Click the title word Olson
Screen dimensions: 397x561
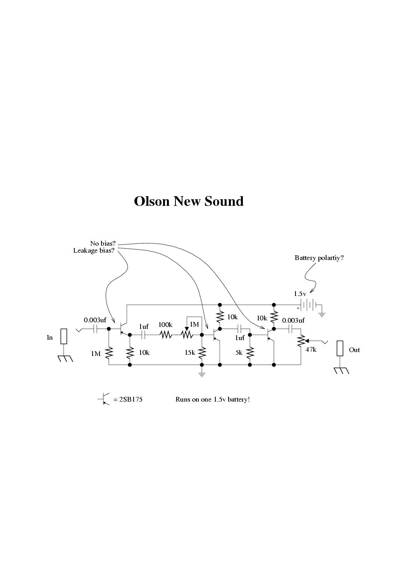(152, 201)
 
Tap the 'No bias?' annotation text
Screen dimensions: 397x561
(103, 243)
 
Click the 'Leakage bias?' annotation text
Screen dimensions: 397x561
(94, 251)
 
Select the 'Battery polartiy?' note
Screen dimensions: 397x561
(319, 258)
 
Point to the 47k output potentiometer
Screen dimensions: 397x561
(301, 341)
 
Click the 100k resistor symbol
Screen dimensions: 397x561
(165, 335)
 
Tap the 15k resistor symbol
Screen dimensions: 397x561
(202, 353)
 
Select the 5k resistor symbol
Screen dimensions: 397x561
(250, 353)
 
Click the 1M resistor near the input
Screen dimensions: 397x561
(109, 353)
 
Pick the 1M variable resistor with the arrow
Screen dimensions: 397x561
(187, 334)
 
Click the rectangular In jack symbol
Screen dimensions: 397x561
(64, 336)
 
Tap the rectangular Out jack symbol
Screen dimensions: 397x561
(340, 348)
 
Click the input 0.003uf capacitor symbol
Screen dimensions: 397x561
(95, 329)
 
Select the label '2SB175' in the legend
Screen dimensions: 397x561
(131, 399)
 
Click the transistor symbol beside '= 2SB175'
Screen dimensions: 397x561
(104, 399)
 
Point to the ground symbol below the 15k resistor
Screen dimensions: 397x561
(202, 375)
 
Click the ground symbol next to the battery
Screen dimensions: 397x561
(322, 315)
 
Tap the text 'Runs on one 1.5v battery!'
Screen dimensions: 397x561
(212, 399)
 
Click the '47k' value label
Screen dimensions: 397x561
(311, 350)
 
